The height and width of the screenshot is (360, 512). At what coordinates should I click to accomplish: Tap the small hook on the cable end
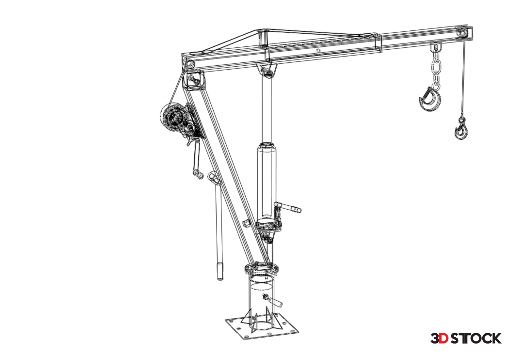click(461, 130)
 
